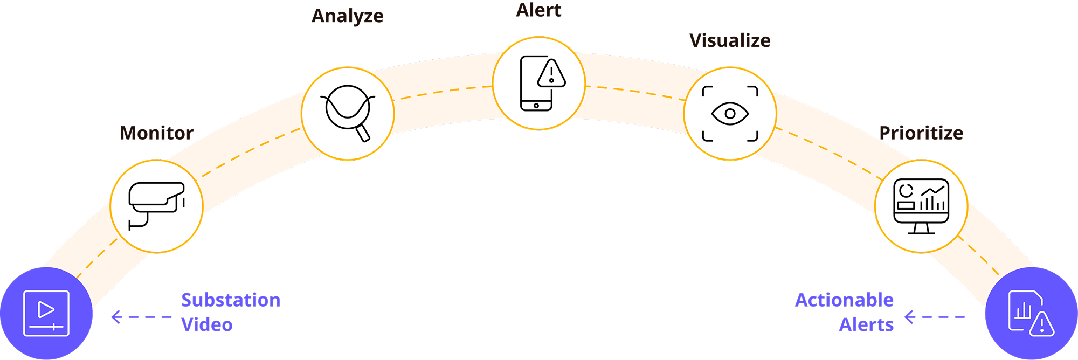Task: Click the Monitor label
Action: point(156,133)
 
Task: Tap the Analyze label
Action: point(348,16)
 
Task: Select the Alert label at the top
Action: point(538,10)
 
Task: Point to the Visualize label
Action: point(730,40)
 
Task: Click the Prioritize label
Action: point(921,133)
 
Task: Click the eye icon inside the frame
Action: point(730,114)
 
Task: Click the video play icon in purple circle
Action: point(46,313)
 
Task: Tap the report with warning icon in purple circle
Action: point(1031,314)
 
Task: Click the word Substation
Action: point(231,300)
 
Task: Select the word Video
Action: point(207,325)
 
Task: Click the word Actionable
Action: point(844,300)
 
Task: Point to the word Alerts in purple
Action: point(866,325)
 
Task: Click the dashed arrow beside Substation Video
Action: point(141,317)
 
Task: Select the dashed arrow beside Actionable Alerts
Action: point(935,317)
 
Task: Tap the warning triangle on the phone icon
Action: point(551,74)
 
